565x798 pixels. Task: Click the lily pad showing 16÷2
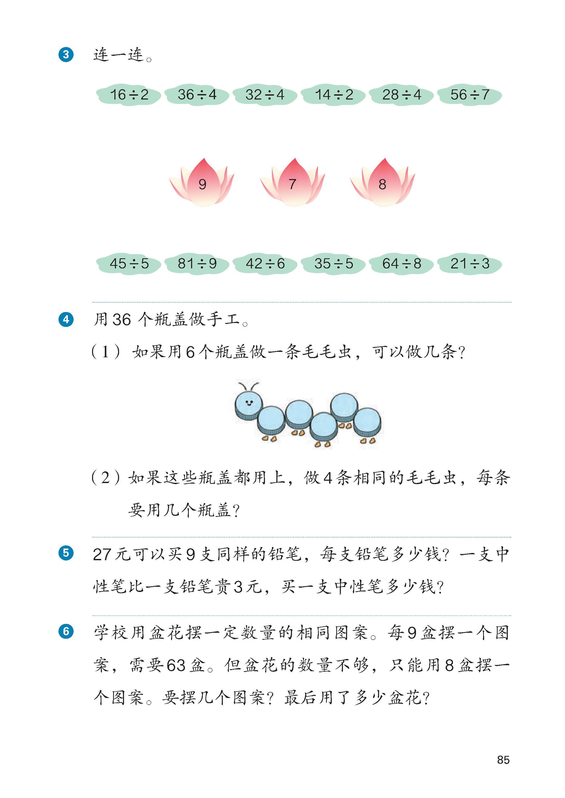(x=129, y=95)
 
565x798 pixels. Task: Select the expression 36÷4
(x=197, y=95)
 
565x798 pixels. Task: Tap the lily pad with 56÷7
(x=470, y=95)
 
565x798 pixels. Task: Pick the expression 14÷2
(x=334, y=95)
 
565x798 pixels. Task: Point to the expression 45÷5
(x=129, y=263)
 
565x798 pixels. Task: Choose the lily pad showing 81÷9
(x=197, y=263)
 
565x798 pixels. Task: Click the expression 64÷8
(x=401, y=263)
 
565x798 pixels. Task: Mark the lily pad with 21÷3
(x=470, y=263)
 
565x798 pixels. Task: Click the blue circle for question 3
(x=66, y=55)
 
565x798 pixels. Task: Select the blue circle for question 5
(x=66, y=553)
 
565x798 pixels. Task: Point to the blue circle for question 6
(x=66, y=631)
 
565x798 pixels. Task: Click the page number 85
(x=503, y=760)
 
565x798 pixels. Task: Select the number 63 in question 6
(x=176, y=665)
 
